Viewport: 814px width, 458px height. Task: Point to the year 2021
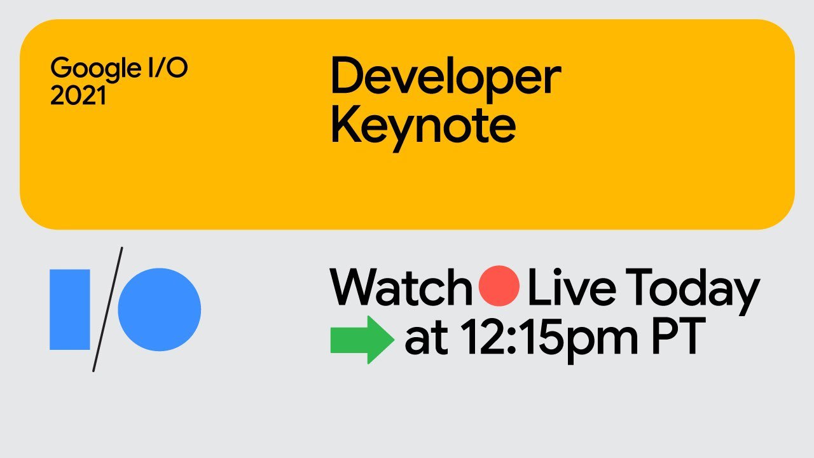click(x=78, y=95)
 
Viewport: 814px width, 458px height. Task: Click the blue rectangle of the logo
click(x=70, y=309)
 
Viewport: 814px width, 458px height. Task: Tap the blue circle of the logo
click(x=160, y=310)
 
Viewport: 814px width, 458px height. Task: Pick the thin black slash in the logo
click(x=107, y=309)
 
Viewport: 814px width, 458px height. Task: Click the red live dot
click(x=499, y=286)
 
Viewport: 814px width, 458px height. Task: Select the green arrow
click(x=362, y=340)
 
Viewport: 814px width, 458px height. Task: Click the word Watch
click(x=401, y=286)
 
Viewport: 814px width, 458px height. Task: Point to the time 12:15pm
click(x=549, y=340)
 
